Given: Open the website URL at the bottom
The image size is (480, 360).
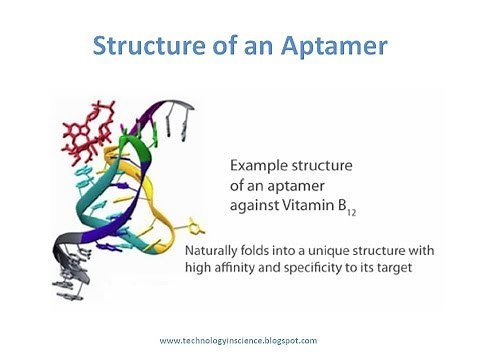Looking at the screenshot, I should pyautogui.click(x=238, y=341).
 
